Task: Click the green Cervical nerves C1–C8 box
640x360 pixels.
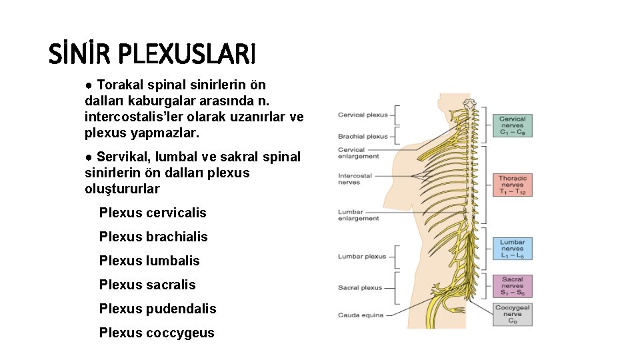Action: pos(513,127)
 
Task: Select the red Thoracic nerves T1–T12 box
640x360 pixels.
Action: pos(513,185)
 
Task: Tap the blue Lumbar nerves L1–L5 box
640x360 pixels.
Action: pos(513,249)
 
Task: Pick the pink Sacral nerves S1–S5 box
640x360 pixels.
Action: pos(513,286)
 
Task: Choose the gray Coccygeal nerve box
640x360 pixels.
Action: pos(513,315)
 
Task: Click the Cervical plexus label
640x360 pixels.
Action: pos(363,115)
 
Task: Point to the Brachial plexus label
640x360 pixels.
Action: pos(363,136)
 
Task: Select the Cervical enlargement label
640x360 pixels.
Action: pos(359,153)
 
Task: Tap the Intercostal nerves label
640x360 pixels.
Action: pos(355,179)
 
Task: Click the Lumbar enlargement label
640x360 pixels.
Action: pos(359,215)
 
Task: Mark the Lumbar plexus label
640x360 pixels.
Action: pos(362,256)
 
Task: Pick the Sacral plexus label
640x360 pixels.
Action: pos(360,288)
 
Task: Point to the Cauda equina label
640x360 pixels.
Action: pos(361,315)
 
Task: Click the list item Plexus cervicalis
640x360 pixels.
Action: pos(153,213)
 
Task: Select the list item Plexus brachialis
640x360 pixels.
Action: pos(153,237)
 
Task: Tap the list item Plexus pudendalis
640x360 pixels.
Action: pos(157,309)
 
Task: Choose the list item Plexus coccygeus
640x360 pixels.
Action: pos(157,333)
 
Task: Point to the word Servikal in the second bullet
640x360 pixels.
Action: pos(120,157)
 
